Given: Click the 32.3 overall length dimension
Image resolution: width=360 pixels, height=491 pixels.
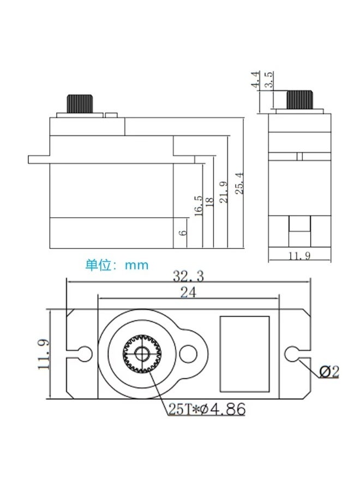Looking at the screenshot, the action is [188, 276].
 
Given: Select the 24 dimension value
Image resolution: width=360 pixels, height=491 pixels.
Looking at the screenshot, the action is [188, 292].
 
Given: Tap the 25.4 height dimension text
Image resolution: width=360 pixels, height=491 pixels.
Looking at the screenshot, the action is [239, 183].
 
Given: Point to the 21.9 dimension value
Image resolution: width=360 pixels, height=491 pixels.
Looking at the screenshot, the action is [224, 192].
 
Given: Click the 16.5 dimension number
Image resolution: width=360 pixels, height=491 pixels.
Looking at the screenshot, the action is [198, 206].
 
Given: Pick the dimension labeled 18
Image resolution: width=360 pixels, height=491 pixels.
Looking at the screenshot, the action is [210, 200].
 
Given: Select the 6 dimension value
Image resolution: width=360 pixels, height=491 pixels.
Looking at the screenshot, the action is [183, 232].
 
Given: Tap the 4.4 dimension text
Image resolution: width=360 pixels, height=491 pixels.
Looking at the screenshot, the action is [255, 79].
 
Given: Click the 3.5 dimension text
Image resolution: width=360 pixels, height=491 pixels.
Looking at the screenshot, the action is [269, 79].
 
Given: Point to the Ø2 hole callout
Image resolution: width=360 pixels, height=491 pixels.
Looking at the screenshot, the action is [329, 372].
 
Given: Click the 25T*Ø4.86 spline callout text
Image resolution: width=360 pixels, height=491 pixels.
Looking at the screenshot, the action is [207, 409].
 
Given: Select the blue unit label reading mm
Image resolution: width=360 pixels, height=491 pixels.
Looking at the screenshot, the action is [136, 266].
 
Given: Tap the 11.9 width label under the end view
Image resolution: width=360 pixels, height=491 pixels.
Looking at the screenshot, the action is [299, 256].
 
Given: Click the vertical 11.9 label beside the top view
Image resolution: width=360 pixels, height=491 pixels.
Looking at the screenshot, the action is [43, 354].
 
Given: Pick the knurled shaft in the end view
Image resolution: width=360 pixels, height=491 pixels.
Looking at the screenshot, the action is [299, 100].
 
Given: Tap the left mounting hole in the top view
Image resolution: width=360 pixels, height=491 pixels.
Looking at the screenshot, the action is [85, 354].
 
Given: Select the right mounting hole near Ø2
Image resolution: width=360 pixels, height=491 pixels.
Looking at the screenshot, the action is [292, 354].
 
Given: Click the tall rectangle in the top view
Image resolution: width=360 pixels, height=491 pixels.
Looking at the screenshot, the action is [244, 354].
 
